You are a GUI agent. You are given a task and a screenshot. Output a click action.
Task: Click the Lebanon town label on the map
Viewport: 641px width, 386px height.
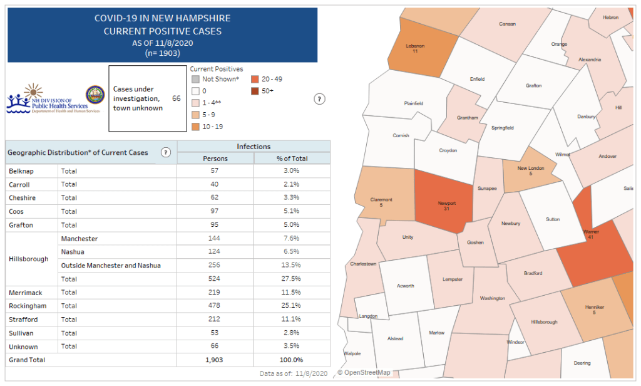pyautogui.click(x=414, y=46)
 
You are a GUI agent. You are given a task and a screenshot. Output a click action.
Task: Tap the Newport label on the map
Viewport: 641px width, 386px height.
pyautogui.click(x=446, y=204)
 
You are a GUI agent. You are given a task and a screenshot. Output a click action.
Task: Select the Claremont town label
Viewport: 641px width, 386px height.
pyautogui.click(x=381, y=200)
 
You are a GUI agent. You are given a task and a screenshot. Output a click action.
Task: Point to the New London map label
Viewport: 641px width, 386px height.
pyautogui.click(x=530, y=169)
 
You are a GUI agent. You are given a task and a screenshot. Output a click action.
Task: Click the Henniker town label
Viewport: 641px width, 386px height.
pyautogui.click(x=594, y=307)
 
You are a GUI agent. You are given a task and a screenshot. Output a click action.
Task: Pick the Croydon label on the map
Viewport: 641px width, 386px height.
pyautogui.click(x=448, y=150)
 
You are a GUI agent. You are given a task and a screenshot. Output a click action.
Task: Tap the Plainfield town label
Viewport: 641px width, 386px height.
pyautogui.click(x=413, y=103)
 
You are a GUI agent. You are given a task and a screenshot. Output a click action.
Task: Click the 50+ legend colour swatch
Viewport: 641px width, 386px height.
pyautogui.click(x=255, y=91)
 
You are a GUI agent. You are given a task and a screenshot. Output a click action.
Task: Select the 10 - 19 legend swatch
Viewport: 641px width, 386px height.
pyautogui.click(x=195, y=127)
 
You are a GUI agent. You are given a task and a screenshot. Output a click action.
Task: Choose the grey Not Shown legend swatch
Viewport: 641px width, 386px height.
pyautogui.click(x=195, y=79)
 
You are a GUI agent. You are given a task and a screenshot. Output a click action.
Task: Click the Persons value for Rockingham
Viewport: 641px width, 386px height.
pyautogui.click(x=215, y=306)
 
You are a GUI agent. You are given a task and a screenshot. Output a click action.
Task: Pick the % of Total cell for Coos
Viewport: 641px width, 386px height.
pyautogui.click(x=292, y=211)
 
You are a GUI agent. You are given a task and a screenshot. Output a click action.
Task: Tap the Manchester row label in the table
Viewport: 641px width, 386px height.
pyautogui.click(x=79, y=239)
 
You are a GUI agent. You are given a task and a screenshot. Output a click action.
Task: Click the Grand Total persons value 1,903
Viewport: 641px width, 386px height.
pyautogui.click(x=215, y=360)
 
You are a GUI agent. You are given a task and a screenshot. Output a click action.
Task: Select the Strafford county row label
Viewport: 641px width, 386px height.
pyautogui.click(x=23, y=320)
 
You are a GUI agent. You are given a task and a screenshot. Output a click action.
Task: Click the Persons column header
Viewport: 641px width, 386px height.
pyautogui.click(x=215, y=159)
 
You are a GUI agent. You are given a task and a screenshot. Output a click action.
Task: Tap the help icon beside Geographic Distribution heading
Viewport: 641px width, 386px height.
pyautogui.click(x=166, y=152)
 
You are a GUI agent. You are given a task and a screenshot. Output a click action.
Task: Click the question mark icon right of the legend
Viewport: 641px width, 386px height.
pyautogui.click(x=319, y=99)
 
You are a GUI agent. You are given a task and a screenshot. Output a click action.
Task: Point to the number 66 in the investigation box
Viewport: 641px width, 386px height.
pyautogui.click(x=176, y=99)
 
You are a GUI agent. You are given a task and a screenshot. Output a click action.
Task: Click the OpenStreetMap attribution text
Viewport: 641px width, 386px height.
pyautogui.click(x=364, y=373)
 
